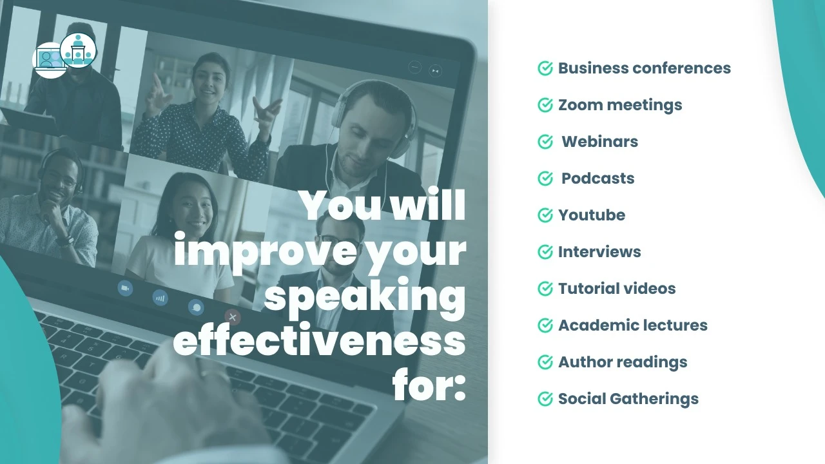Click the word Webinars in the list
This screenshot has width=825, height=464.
(599, 141)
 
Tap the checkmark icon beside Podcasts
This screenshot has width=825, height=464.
(545, 179)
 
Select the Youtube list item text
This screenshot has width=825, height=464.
(592, 215)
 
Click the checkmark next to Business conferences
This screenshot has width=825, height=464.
(545, 68)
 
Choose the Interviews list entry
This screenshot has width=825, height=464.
(599, 252)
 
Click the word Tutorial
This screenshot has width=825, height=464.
(585, 288)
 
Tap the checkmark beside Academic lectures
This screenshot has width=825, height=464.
(545, 325)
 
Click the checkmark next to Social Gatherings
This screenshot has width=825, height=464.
(545, 399)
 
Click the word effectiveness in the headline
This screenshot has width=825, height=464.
(319, 339)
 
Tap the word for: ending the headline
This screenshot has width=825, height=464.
(429, 383)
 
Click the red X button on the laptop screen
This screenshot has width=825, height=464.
(233, 317)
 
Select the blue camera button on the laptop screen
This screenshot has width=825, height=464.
(125, 288)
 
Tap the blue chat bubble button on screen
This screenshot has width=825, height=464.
(196, 307)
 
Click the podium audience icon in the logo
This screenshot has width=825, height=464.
(78, 50)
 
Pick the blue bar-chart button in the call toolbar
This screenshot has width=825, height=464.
(160, 298)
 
